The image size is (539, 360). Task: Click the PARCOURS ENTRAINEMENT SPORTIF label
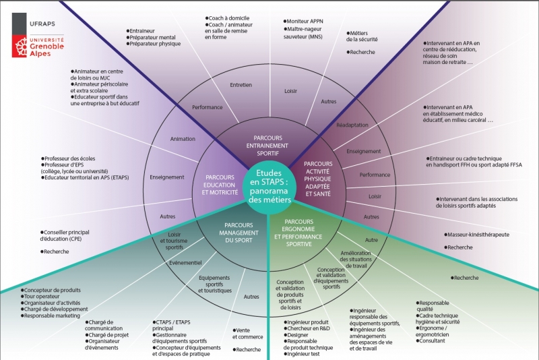click(x=267, y=146)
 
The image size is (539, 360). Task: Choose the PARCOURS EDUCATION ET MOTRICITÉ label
click(x=220, y=185)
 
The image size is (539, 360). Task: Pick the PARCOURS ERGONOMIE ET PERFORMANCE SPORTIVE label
click(x=300, y=233)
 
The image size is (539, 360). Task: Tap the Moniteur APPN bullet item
click(x=307, y=22)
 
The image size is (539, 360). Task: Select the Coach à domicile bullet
click(x=231, y=18)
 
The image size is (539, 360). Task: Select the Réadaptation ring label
click(x=352, y=125)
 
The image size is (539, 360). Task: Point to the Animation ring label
click(x=183, y=139)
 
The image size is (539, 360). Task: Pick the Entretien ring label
click(x=241, y=85)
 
